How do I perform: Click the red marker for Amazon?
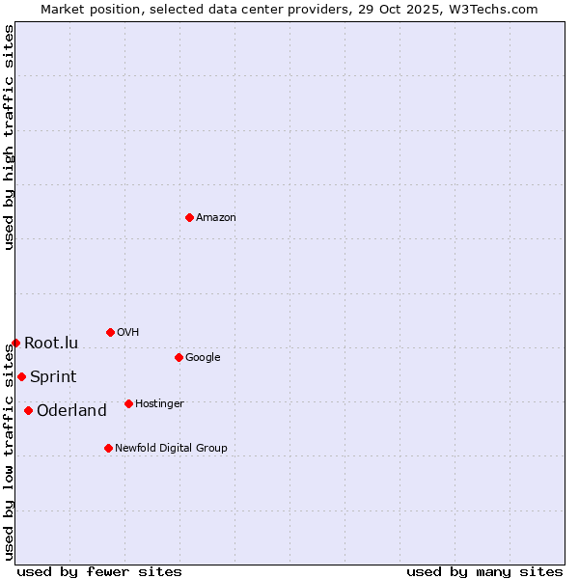coord(189,217)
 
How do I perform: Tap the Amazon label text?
coord(216,218)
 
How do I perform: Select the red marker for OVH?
coord(110,332)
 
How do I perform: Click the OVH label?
coord(128,333)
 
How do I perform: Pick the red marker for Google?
coord(179,357)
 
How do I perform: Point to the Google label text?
coord(203,358)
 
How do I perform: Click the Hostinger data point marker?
coord(128,403)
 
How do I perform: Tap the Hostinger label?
coord(159,404)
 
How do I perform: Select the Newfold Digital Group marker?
coord(108,448)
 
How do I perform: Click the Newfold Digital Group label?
coord(171,449)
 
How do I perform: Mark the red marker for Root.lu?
coord(15,343)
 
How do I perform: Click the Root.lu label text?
coord(51,344)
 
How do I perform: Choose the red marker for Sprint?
coord(21,376)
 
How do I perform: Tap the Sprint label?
coord(53,377)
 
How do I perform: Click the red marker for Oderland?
coord(28,410)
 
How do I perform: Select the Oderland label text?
coord(71,411)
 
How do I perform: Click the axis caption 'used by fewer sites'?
coord(99,571)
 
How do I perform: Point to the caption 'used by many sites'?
coord(484,571)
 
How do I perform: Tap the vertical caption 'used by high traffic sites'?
coord(10,137)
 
